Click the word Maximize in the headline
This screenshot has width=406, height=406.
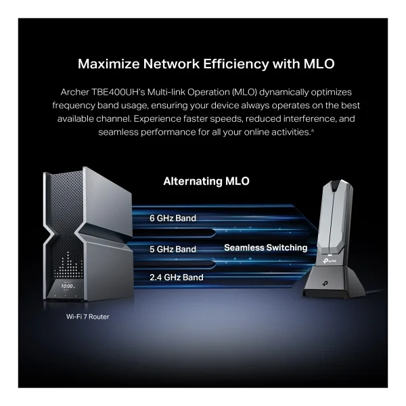tap(108, 64)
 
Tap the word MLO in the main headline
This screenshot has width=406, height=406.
tap(319, 64)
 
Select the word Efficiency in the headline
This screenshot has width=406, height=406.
tap(235, 64)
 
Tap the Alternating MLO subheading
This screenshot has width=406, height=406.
tap(206, 181)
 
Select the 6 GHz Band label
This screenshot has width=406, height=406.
tap(173, 219)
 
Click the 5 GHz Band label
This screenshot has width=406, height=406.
tap(173, 249)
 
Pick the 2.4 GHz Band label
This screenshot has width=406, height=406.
tap(177, 277)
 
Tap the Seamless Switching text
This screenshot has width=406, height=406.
tap(266, 248)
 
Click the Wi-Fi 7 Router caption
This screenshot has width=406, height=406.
tap(87, 317)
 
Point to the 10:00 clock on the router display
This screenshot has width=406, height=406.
tap(67, 286)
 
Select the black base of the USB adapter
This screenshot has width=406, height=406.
tap(334, 282)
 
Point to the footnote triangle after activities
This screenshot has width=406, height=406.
tap(313, 131)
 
